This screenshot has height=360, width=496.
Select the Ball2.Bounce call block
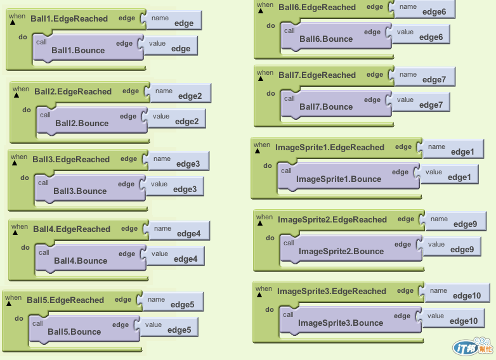82,123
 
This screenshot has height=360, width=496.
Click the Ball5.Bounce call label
74,331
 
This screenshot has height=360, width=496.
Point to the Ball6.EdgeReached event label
317,8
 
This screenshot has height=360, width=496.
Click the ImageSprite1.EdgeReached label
330,148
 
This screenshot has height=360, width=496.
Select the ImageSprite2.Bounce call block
341,251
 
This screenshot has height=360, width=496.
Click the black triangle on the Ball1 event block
13,22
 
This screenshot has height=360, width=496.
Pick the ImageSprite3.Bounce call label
341,323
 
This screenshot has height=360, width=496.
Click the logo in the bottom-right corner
471,347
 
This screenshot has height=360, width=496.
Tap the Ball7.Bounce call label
326,106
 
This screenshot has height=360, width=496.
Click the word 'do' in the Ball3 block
25,177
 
